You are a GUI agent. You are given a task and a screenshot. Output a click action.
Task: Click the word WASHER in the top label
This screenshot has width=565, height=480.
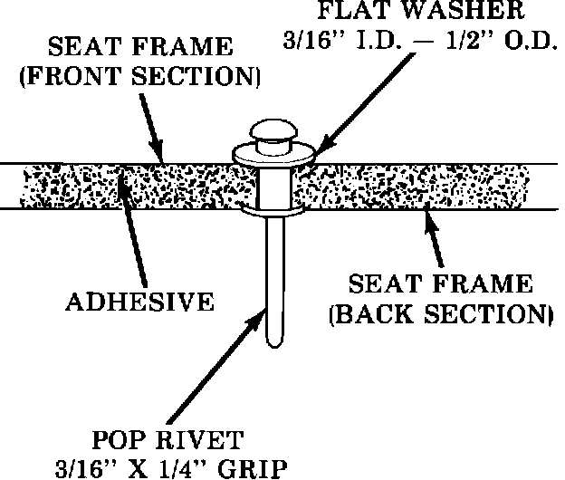(474, 14)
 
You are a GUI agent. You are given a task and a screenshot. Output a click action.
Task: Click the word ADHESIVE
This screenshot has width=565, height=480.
(139, 300)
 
